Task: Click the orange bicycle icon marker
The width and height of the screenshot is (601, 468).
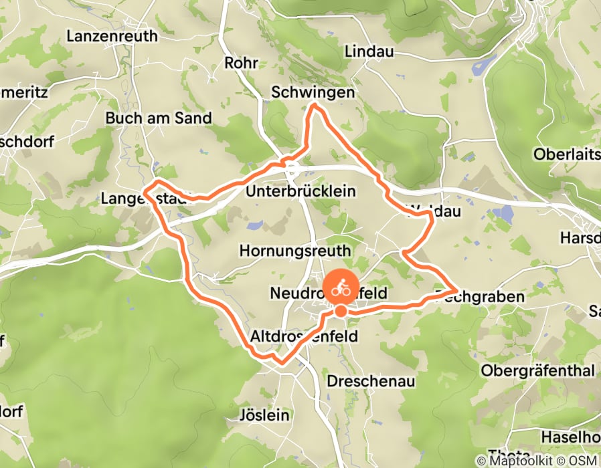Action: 341,289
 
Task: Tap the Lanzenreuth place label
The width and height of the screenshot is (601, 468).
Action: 112,36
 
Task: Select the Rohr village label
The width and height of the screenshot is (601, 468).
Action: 242,63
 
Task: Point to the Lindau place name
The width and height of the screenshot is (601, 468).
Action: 369,51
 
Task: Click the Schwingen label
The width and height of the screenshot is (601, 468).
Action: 313,93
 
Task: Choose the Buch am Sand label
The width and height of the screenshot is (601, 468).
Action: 159,118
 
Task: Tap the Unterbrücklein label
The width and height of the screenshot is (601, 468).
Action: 300,192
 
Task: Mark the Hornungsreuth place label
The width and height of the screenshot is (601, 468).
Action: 295,251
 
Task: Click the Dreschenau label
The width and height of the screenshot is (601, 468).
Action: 371,381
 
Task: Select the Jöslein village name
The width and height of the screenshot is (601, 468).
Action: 264,415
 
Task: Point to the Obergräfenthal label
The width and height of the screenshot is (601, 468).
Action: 538,370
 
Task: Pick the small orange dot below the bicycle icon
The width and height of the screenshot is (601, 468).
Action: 341,311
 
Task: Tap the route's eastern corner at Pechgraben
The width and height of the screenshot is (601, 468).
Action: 456,290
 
